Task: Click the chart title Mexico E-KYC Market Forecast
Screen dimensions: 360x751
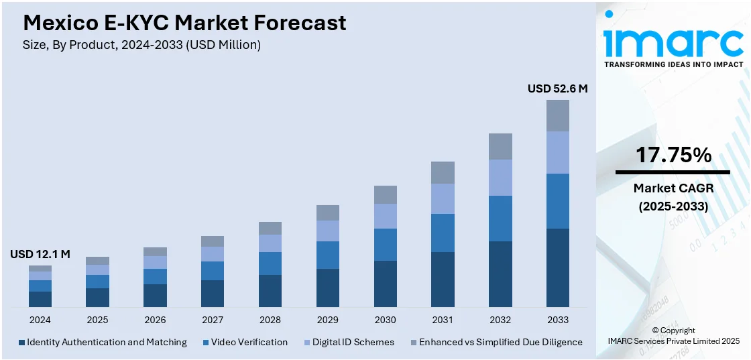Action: [x=184, y=23]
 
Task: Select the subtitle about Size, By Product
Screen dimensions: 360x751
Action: [x=141, y=45]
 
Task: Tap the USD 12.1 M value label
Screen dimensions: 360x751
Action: [x=40, y=254]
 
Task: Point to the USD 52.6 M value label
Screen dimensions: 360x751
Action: [x=557, y=88]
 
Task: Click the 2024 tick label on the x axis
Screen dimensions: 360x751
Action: [x=40, y=320]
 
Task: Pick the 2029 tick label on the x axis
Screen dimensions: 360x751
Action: [x=328, y=320]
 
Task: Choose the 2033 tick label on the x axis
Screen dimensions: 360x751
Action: [x=558, y=320]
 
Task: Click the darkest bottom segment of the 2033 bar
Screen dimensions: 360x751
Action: [x=558, y=267]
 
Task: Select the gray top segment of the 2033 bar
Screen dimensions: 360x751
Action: [x=558, y=115]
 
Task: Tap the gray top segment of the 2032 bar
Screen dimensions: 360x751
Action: [x=500, y=146]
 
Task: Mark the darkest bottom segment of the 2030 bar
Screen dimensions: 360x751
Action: [x=386, y=284]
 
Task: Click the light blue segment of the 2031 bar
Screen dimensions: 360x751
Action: [x=443, y=198]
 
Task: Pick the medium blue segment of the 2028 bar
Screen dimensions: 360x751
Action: [x=270, y=263]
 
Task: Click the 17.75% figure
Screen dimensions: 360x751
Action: [x=673, y=156]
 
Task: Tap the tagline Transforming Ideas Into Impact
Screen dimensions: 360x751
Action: [x=673, y=64]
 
